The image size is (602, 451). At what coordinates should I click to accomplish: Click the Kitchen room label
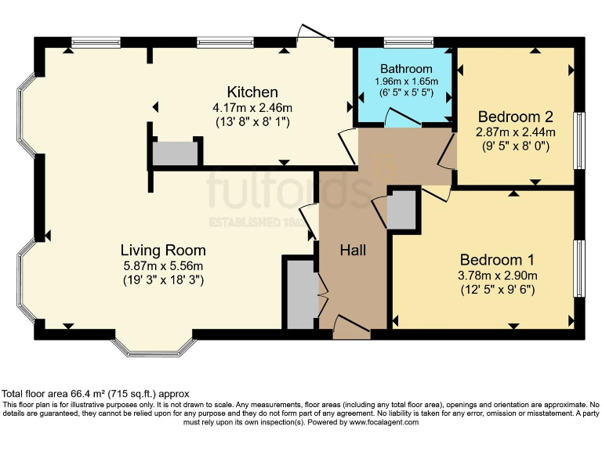tap(252, 92)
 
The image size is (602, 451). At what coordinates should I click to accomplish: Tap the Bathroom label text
tap(406, 69)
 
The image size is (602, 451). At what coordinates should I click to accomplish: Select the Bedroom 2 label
tap(515, 116)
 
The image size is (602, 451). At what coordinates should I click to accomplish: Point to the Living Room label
tap(163, 251)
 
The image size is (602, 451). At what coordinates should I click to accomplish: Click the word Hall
tap(353, 251)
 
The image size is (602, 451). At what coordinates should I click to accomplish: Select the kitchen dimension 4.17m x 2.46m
tap(252, 107)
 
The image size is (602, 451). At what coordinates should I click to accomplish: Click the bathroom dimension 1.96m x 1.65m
tap(406, 81)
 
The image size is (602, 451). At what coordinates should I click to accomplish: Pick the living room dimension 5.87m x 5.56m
tap(163, 265)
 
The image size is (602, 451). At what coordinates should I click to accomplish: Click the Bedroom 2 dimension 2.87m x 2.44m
tap(515, 132)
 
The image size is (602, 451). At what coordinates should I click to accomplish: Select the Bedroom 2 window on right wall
tap(580, 140)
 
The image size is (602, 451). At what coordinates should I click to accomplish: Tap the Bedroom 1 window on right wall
tap(580, 268)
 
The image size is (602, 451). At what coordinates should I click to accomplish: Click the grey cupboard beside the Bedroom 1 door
tap(401, 209)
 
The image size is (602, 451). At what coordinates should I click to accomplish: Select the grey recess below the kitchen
tap(175, 153)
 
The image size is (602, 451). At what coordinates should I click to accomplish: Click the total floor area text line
tap(95, 393)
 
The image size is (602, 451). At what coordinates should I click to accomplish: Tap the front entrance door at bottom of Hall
tap(351, 327)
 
